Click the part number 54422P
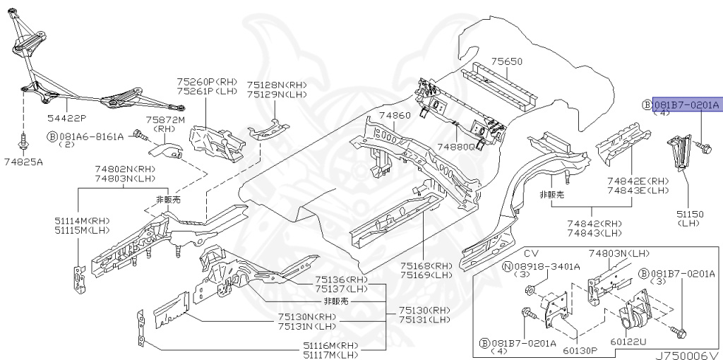click(x=67, y=117)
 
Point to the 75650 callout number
click(x=507, y=62)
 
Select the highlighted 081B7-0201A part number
click(x=686, y=105)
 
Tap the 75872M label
click(x=165, y=121)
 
